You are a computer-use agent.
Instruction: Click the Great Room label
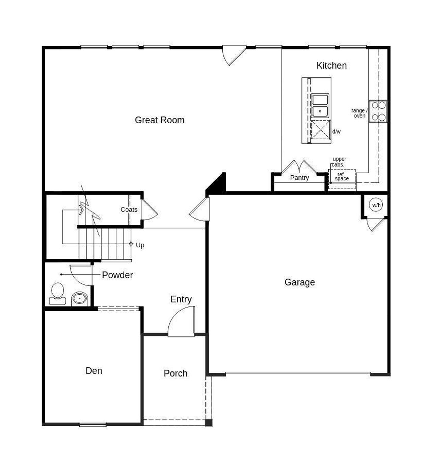160,120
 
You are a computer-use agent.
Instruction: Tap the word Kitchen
331,66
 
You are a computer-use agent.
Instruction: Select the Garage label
299,282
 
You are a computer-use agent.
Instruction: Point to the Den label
94,371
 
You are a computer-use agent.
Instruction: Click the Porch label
175,373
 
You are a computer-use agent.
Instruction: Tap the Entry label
181,299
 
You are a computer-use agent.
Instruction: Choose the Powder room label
117,275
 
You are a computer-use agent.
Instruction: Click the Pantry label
299,178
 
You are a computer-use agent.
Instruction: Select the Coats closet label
129,209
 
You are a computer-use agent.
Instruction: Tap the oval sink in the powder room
80,299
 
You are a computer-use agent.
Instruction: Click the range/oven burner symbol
378,111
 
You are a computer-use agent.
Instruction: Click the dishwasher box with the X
320,129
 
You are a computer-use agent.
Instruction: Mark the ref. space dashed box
342,179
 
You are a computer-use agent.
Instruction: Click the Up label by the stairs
140,245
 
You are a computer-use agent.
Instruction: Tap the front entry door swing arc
181,321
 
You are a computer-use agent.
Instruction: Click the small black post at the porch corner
209,422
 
